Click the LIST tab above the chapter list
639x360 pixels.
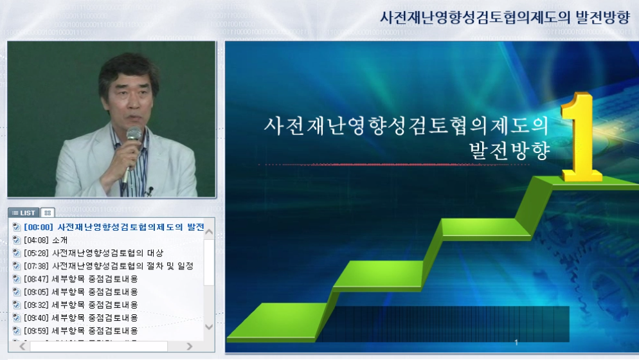coord(24,213)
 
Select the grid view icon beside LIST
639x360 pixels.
coord(48,213)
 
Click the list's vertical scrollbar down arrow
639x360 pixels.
coord(209,327)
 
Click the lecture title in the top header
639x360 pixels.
coord(505,17)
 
